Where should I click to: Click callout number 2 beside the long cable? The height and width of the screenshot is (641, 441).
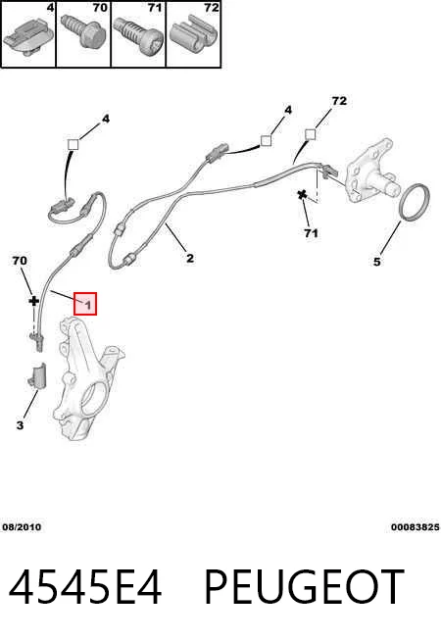click(190, 258)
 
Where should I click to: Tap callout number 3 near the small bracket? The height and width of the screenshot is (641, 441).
click(20, 425)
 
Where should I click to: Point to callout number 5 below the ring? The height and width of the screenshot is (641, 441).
click(377, 262)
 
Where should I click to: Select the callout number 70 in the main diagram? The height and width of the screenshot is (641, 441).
click(20, 261)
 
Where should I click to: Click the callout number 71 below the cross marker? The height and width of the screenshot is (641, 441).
click(311, 233)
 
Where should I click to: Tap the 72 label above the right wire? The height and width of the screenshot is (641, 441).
click(339, 101)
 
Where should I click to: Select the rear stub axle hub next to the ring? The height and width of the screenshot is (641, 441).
click(370, 171)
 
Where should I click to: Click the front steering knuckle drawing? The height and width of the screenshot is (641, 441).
click(88, 378)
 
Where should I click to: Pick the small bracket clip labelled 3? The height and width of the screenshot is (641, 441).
click(37, 374)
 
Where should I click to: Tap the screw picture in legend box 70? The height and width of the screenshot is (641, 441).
click(82, 32)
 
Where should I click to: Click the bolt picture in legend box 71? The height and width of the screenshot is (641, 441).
click(137, 35)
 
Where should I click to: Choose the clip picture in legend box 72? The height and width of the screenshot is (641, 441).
click(193, 33)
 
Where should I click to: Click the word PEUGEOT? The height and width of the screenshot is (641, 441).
click(304, 587)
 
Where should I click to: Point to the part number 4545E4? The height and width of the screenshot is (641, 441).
click(85, 587)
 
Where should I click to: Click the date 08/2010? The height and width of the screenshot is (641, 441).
click(22, 527)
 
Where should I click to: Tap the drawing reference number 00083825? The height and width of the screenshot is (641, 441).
click(416, 527)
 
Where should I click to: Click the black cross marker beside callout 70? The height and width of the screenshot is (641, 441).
click(33, 301)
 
